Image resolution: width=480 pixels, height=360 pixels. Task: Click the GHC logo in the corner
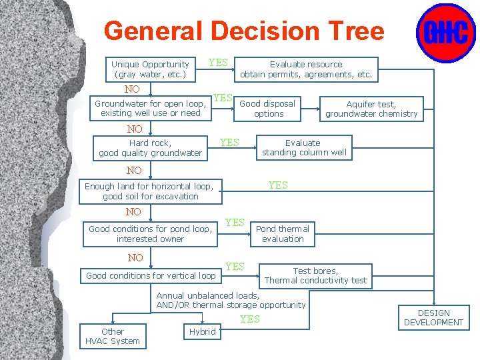coord(445,33)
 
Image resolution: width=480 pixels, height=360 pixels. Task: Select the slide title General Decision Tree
coord(244,31)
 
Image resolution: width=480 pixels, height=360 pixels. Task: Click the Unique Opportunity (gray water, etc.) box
coord(151,69)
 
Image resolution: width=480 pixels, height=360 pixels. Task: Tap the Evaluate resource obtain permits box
coord(306,69)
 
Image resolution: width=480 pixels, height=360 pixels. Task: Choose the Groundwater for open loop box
coord(151,108)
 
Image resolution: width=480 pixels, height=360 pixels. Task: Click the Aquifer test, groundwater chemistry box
coord(371,109)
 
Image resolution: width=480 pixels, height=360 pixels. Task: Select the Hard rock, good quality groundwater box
coord(151,148)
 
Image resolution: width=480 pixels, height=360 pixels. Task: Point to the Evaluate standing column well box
coord(303,147)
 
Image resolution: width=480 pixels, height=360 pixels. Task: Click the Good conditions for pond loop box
coord(151,233)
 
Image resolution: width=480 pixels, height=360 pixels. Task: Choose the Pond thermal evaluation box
coord(283,233)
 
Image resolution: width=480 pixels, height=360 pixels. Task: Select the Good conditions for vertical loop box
coord(151,275)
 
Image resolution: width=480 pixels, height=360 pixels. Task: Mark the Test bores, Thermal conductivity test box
coord(315,275)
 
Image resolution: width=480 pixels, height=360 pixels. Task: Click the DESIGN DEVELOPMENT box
coord(434,317)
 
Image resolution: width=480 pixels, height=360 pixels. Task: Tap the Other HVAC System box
coord(112,336)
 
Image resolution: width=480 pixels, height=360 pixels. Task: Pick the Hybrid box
coord(202,331)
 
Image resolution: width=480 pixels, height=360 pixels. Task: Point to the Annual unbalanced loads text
coord(230,300)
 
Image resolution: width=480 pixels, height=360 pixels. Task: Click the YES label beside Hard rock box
coord(229,142)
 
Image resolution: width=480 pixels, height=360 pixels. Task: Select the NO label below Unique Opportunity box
coord(132,89)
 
